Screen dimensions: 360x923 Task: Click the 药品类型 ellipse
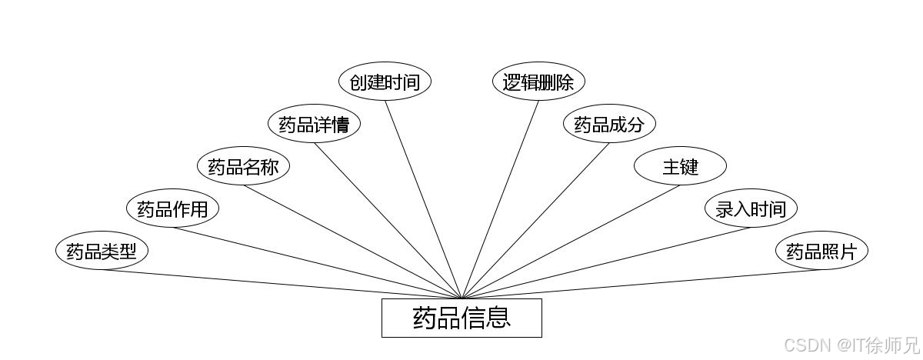tap(102, 252)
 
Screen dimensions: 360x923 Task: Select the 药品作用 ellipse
tap(172, 208)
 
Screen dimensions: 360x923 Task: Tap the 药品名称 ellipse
tap(243, 166)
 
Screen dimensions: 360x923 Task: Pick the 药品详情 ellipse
tap(314, 124)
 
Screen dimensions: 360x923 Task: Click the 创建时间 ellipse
tap(385, 82)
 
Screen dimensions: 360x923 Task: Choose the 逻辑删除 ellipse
tap(538, 82)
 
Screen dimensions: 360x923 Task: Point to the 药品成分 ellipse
tap(609, 124)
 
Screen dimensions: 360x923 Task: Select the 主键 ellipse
tap(680, 166)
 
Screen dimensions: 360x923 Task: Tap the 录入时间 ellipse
tap(751, 208)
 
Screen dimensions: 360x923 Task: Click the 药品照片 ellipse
tap(821, 252)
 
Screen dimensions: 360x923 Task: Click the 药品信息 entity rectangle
tap(461, 318)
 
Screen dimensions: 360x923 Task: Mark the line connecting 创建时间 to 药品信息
tap(423, 199)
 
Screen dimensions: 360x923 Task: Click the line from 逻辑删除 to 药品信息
tap(500, 199)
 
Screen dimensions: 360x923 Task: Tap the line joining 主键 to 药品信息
tap(571, 242)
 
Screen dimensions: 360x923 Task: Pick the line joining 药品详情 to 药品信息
tap(388, 221)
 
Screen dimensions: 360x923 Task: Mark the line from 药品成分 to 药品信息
tap(535, 221)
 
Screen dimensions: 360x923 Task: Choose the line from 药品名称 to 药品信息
tap(352, 242)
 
